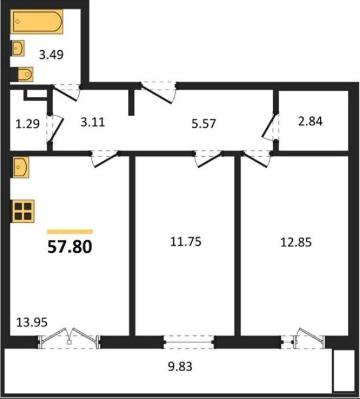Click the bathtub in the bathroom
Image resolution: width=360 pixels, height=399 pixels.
coord(37,22)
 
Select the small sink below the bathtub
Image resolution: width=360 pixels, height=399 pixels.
coord(18,48)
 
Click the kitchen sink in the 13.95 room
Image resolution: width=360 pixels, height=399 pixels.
coord(19,167)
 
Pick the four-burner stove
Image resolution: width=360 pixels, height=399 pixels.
coord(22,211)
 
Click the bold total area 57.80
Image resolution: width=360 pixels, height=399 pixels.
coord(70,247)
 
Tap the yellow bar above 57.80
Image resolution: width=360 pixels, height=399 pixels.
coord(70,231)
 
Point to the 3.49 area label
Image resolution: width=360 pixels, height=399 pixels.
coord(51,54)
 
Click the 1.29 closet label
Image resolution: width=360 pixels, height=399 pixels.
coord(27,125)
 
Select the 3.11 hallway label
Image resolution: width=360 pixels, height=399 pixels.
coord(93,122)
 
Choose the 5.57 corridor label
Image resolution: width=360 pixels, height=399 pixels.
coord(204,124)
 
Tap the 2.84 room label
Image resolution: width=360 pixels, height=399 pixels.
coord(310,121)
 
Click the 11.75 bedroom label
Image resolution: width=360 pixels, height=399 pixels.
coord(185,242)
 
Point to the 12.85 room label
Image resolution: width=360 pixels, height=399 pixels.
coord(296,242)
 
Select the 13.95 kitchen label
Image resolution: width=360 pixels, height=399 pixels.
coord(32,322)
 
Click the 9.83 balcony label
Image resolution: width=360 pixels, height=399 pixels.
coord(180,367)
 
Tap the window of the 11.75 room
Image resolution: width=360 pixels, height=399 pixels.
coord(188,342)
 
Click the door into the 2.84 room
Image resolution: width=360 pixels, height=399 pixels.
coord(272,127)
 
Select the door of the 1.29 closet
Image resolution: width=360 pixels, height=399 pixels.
coord(55,127)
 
